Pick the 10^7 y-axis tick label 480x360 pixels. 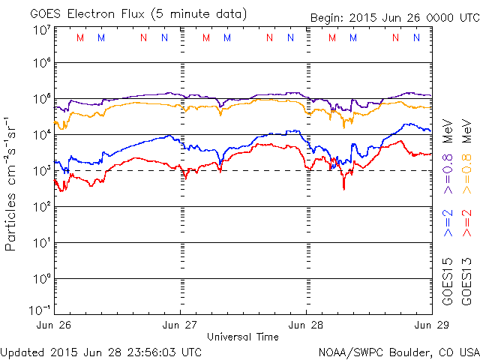pyautogui.click(x=41, y=30)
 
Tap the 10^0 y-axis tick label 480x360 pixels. pyautogui.click(x=41, y=278)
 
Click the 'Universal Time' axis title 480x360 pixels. pyautogui.click(x=243, y=337)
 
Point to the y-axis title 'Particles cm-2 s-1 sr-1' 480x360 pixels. pyautogui.click(x=13, y=183)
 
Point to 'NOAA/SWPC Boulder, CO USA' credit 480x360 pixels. pyautogui.click(x=398, y=352)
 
